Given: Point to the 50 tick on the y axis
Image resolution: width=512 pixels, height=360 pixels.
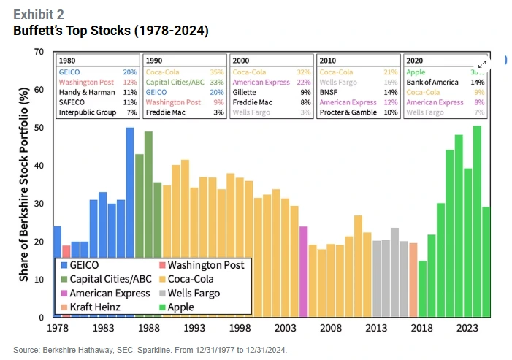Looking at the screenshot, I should (x=39, y=128).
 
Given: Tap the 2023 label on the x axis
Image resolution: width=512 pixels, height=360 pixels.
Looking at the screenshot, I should (x=467, y=329).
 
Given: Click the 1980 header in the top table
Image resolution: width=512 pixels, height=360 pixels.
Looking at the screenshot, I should (x=67, y=61).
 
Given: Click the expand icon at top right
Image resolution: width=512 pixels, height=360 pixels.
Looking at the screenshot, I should (x=482, y=64).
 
